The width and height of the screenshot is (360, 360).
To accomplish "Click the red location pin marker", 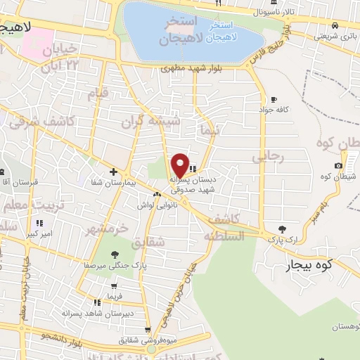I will (x=180, y=165).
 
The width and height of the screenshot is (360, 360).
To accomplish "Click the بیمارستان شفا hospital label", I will (x=86, y=183).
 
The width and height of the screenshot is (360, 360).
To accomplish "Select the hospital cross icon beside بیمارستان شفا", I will (x=112, y=172).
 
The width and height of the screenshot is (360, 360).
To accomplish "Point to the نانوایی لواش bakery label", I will (x=155, y=205).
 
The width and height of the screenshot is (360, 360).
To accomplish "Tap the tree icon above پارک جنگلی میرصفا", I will (x=114, y=254).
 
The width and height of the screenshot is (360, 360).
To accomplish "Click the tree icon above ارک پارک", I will (x=283, y=229).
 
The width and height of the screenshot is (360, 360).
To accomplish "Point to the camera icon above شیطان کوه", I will (x=339, y=166).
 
